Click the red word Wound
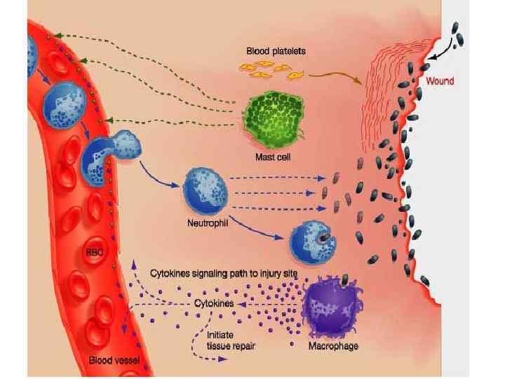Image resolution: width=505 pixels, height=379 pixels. click(440, 81)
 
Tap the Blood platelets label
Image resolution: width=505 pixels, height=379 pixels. click(276, 51)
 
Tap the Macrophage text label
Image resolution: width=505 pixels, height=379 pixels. click(333, 347)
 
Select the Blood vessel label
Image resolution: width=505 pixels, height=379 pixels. click(114, 360)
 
